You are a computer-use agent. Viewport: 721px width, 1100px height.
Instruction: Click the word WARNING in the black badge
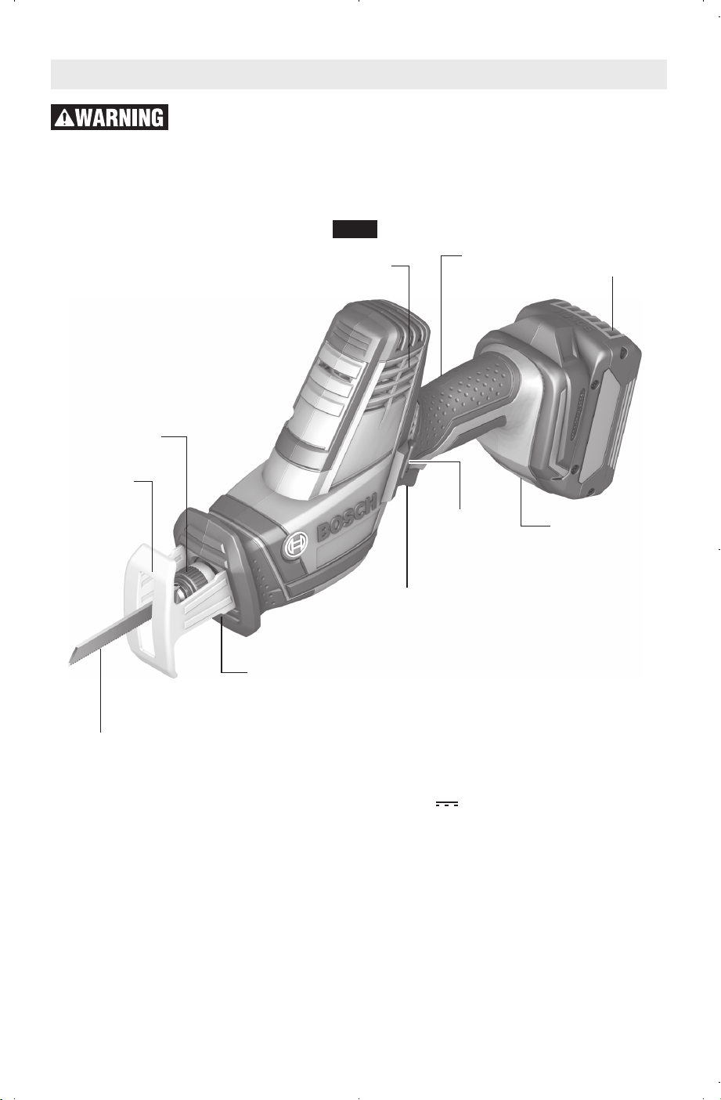119,118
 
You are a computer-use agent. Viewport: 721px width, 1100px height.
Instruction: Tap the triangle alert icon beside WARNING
64,118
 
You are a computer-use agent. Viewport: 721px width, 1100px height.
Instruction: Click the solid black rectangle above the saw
355,229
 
